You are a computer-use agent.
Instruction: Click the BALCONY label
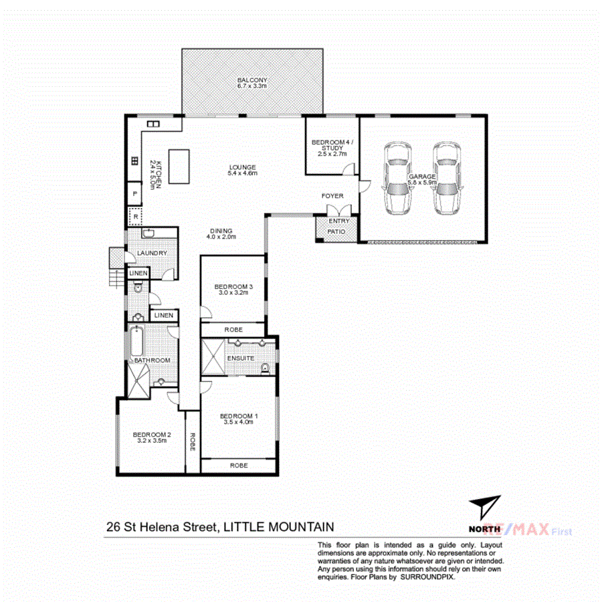tap(252, 80)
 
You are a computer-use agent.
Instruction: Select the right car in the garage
tap(445, 178)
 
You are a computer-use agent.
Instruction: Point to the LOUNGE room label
tap(242, 167)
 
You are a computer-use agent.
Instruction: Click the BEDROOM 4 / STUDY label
tap(331, 142)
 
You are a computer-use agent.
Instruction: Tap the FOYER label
tap(332, 196)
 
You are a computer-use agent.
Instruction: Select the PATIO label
tap(336, 231)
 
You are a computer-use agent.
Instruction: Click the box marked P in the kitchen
tap(135, 193)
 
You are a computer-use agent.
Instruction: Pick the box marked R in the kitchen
tap(135, 216)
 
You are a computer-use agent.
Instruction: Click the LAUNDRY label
tap(152, 254)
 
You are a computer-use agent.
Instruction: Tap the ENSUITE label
tap(241, 358)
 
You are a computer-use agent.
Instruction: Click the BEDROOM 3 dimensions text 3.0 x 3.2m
tap(234, 293)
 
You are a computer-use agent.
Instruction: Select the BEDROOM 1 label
tap(239, 415)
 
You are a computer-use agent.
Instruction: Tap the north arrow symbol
tap(484, 506)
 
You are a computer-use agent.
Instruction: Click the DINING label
tap(221, 231)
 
